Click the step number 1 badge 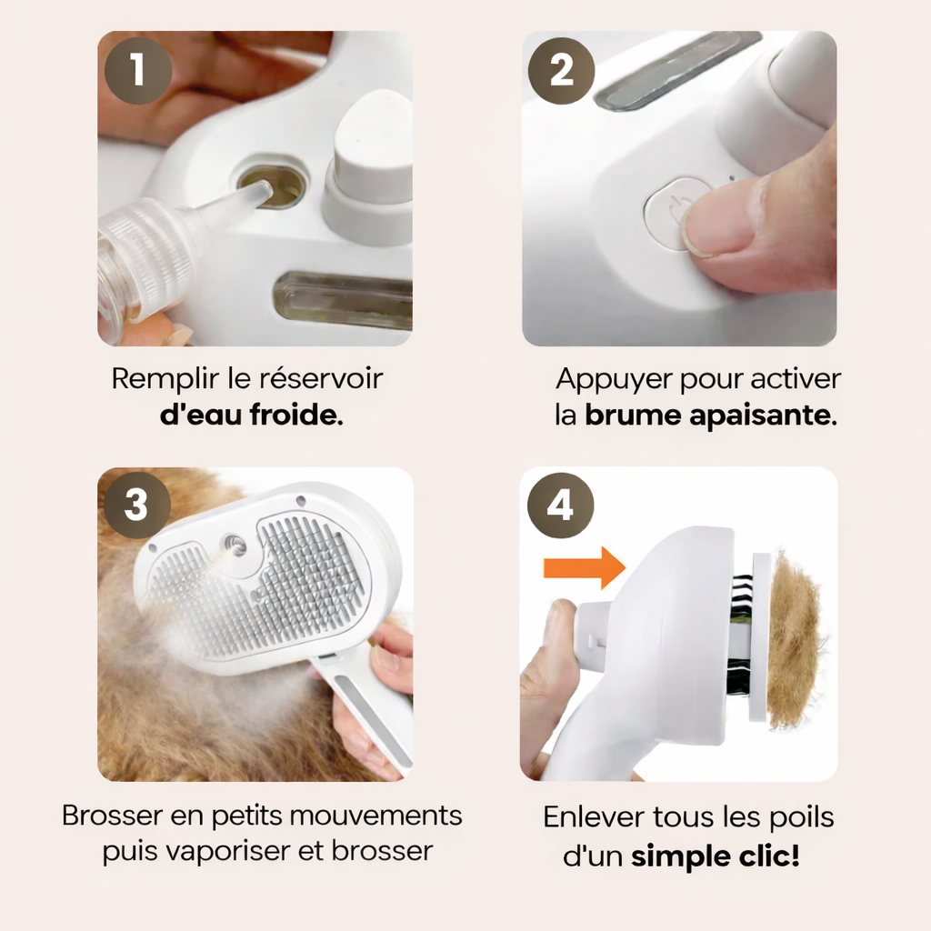pyautogui.click(x=136, y=70)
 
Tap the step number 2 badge pyautogui.click(x=562, y=70)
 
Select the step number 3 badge pyautogui.click(x=136, y=506)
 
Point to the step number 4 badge pyautogui.click(x=560, y=506)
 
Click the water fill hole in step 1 pyautogui.click(x=273, y=185)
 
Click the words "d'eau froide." pyautogui.click(x=251, y=417)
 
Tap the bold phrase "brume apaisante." pyautogui.click(x=710, y=417)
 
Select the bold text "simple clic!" pyautogui.click(x=715, y=856)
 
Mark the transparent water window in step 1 pyautogui.click(x=344, y=300)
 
